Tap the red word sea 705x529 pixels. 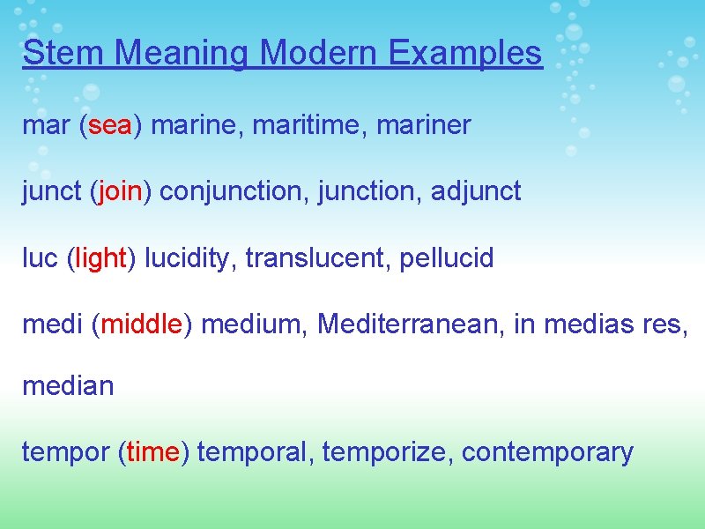pyautogui.click(x=110, y=125)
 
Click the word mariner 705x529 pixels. pyautogui.click(x=424, y=125)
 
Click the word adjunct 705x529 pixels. pyautogui.click(x=476, y=190)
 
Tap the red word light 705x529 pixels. pyautogui.click(x=101, y=258)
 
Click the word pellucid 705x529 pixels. pyautogui.click(x=447, y=258)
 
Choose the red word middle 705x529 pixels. pyautogui.click(x=141, y=324)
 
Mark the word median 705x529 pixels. pyautogui.click(x=68, y=385)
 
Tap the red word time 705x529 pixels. pyautogui.click(x=152, y=452)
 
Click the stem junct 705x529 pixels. pyautogui.click(x=51, y=190)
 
